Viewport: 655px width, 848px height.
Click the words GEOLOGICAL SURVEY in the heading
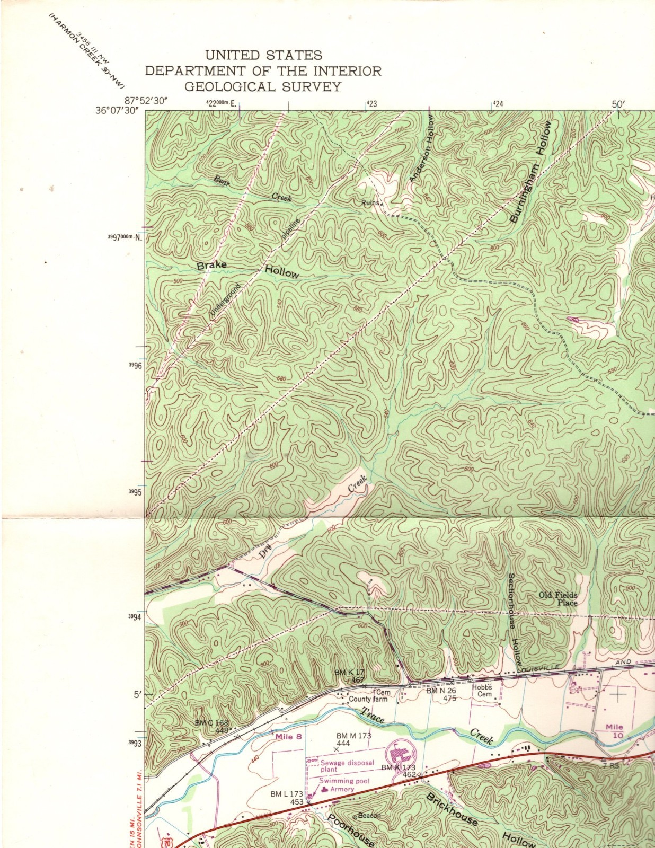263,86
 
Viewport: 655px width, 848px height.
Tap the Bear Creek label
252,189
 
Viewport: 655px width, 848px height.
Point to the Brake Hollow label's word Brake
212,265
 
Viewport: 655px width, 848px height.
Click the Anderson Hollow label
421,150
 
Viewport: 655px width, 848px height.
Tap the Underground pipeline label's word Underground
225,301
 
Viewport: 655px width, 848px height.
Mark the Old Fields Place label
559,599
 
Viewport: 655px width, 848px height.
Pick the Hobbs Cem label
482,691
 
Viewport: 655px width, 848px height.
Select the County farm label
368,699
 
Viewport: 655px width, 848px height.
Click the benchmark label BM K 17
349,672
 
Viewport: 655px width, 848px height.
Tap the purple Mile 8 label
288,736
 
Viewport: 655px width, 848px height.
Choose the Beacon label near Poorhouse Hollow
369,816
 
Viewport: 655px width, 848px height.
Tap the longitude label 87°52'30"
147,100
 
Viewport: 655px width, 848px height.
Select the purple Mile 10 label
615,731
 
